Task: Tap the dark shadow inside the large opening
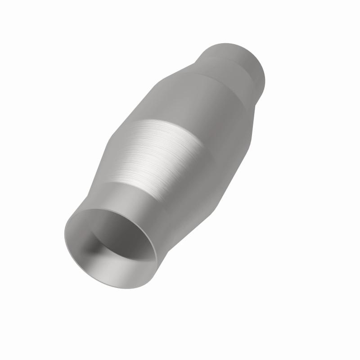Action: [x=97, y=245]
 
